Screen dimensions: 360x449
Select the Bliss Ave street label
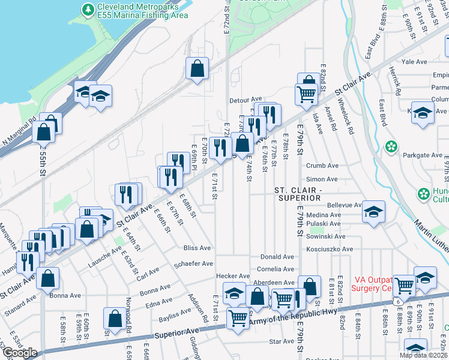(x=197, y=248)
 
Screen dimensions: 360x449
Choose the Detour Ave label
(x=246, y=99)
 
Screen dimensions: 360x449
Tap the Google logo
(x=20, y=353)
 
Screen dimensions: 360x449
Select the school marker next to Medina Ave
(x=373, y=212)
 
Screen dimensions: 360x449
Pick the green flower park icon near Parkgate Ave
(x=391, y=146)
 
